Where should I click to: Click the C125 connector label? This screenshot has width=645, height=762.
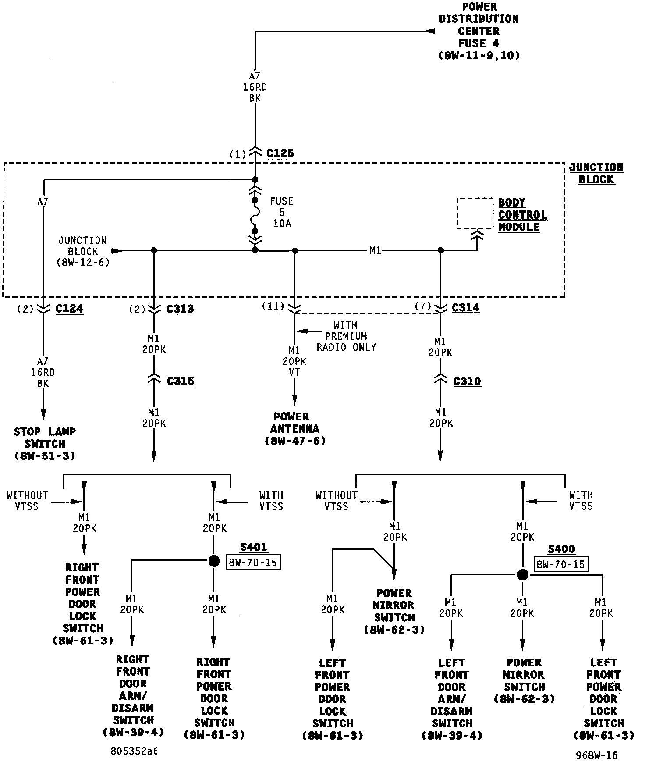pos(280,153)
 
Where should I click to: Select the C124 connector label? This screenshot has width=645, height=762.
pos(69,309)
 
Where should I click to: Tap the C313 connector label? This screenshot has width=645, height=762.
pos(180,309)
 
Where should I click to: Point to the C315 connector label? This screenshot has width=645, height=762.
pos(181,381)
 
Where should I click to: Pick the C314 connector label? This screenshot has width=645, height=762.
pos(465,308)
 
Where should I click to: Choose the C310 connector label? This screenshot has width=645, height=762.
pos(467,381)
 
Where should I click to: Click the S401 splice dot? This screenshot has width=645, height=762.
pos(214,561)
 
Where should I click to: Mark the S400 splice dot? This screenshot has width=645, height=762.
pos(522,575)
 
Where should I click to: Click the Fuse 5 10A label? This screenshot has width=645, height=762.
pos(281,212)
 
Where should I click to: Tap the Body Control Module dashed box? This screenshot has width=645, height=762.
pos(475,214)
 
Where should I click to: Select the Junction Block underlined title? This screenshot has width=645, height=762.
pos(596,174)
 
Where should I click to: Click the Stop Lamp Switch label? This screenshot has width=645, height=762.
pos(45,444)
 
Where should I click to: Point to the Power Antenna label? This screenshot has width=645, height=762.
pos(295,428)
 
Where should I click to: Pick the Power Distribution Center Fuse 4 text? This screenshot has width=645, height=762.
pos(478,31)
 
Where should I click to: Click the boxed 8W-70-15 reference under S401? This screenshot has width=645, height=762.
pos(253,563)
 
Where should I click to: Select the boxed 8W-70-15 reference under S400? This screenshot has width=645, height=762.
pos(561,564)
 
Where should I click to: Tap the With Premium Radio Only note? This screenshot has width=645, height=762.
pos(346,336)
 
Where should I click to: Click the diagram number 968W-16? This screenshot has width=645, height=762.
pos(596,755)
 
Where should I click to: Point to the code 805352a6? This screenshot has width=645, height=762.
pos(134,751)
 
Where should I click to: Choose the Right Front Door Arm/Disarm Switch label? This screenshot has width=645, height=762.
pos(133,696)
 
